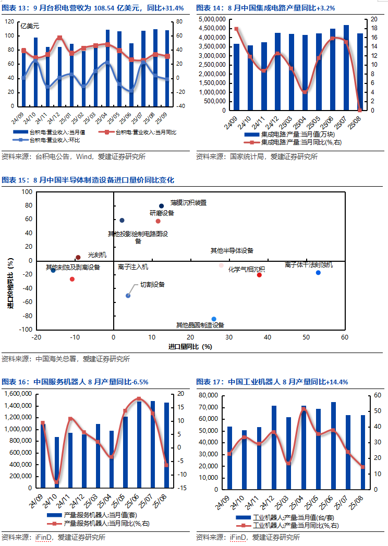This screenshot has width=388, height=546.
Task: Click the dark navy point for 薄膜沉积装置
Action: pos(161,206)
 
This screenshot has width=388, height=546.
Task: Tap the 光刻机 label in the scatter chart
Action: pos(97,255)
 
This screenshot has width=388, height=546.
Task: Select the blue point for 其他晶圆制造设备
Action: pos(214,319)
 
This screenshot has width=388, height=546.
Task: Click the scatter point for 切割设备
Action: pos(128,296)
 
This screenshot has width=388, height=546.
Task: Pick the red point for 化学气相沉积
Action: pos(259,275)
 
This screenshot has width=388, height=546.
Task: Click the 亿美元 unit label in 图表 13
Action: pos(30,25)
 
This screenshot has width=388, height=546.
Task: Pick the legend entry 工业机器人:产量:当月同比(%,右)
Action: pos(297,525)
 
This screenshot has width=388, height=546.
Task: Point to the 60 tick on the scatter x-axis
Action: pos(344,337)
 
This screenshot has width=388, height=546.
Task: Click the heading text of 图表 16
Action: pos(76,382)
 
